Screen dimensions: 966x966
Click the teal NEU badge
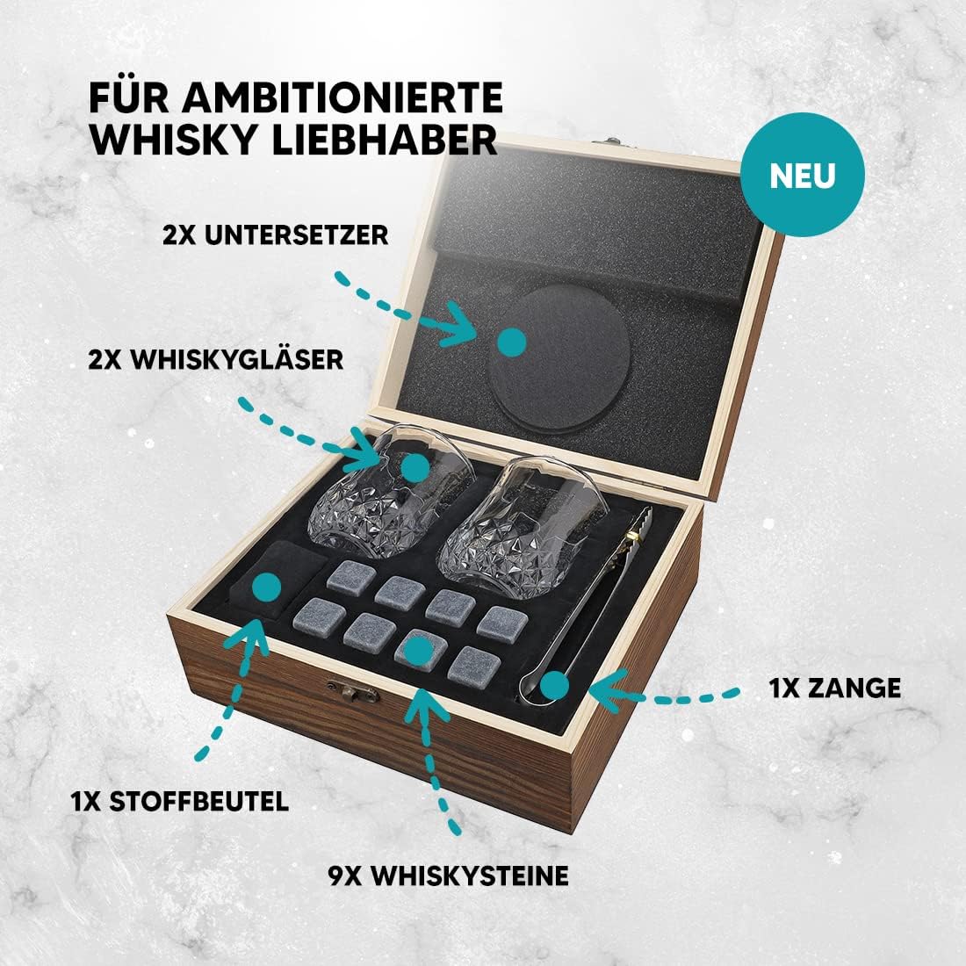click(x=802, y=175)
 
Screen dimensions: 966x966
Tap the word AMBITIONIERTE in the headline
click(x=342, y=97)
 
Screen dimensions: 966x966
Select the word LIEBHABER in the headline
click(x=384, y=140)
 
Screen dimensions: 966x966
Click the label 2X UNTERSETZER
click(x=276, y=234)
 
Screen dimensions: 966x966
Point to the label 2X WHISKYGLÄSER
click(x=216, y=358)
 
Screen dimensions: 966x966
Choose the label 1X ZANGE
click(x=834, y=688)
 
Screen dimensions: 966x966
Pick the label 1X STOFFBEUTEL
click(x=179, y=802)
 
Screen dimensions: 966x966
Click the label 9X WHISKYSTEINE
click(x=448, y=875)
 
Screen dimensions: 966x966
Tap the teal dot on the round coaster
click(x=511, y=342)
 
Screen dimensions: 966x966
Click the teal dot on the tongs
click(x=554, y=685)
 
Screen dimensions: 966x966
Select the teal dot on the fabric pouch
click(x=267, y=588)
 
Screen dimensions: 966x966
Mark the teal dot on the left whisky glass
click(x=414, y=466)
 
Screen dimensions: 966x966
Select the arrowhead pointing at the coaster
click(x=459, y=323)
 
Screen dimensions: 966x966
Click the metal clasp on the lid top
click(x=610, y=144)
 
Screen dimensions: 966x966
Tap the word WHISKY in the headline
click(x=172, y=140)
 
